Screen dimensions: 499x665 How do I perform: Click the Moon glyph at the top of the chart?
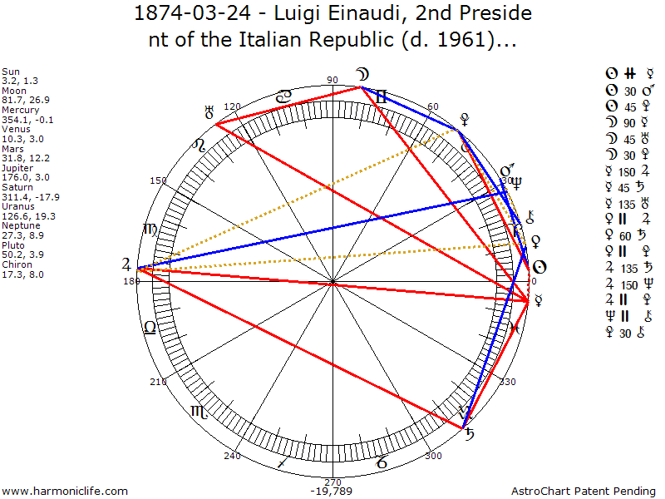(x=362, y=73)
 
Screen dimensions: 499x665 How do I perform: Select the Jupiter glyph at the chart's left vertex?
(x=126, y=265)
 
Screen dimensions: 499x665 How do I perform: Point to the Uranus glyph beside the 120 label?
(x=209, y=110)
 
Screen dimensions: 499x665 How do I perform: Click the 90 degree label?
(x=333, y=80)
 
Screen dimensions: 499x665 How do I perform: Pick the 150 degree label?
(x=158, y=180)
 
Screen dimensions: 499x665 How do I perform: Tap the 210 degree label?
(x=158, y=382)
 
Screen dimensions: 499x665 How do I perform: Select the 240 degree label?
(x=232, y=456)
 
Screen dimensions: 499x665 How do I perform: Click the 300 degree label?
(x=433, y=456)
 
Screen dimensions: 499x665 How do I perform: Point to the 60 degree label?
(x=433, y=106)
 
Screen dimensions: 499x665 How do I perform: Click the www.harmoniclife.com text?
(x=65, y=492)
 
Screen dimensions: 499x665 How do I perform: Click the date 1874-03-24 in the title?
(x=180, y=13)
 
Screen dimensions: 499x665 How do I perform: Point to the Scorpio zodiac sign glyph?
(x=199, y=411)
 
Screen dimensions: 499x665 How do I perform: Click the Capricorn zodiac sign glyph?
(x=380, y=461)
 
